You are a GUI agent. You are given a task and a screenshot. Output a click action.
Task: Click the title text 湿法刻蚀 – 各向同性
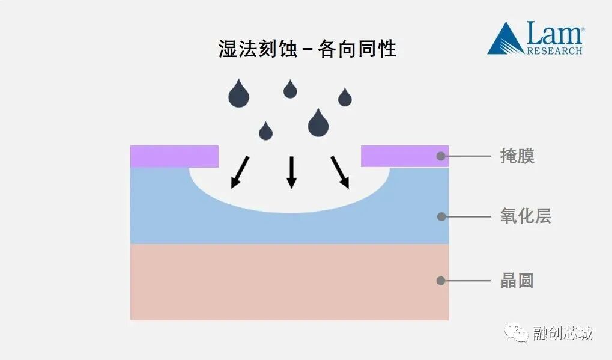click(x=307, y=48)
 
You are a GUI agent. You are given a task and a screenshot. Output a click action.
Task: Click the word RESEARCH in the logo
click(x=554, y=51)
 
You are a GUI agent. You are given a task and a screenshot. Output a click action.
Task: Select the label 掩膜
click(x=517, y=156)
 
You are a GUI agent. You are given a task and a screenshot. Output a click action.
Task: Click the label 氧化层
click(x=526, y=216)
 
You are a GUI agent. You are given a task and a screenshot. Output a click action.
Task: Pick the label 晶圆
click(x=517, y=281)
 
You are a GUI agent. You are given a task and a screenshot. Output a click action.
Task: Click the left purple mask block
click(x=174, y=156)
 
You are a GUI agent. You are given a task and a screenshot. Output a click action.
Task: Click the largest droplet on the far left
click(x=238, y=94)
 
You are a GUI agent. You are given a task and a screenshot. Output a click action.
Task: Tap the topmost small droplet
click(x=290, y=90)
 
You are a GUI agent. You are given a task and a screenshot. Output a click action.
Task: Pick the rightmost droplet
click(x=345, y=97)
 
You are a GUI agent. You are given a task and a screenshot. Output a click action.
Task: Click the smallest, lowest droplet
click(x=265, y=132)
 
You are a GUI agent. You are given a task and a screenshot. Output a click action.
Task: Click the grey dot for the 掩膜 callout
click(x=441, y=156)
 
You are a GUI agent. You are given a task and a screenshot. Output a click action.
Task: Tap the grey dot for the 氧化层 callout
click(x=441, y=216)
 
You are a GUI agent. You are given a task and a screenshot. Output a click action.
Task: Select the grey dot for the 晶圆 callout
click(x=441, y=281)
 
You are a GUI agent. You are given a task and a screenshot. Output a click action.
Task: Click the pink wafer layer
click(x=288, y=282)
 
